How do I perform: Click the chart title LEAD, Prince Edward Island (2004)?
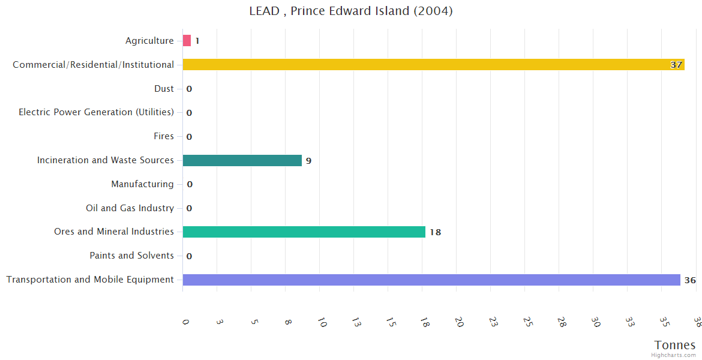click(x=351, y=11)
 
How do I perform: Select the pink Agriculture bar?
click(x=187, y=41)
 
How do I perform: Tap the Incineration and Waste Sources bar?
click(x=242, y=160)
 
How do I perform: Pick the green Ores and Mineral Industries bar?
click(x=304, y=232)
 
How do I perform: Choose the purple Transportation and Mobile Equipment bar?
click(x=431, y=280)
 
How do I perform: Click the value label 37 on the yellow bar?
click(x=676, y=65)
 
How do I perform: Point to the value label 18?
click(x=435, y=232)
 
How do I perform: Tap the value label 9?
click(x=308, y=161)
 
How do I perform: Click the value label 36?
click(x=690, y=280)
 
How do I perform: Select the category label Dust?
click(x=164, y=89)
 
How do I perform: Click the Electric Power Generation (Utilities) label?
click(x=96, y=112)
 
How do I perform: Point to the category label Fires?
click(x=163, y=136)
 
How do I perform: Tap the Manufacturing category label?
click(x=142, y=184)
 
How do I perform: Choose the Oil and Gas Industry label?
click(x=130, y=208)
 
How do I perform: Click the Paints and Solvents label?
click(x=131, y=256)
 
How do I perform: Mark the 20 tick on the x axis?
click(x=459, y=322)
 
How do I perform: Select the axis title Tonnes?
click(x=675, y=345)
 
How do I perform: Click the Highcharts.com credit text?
click(x=674, y=355)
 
